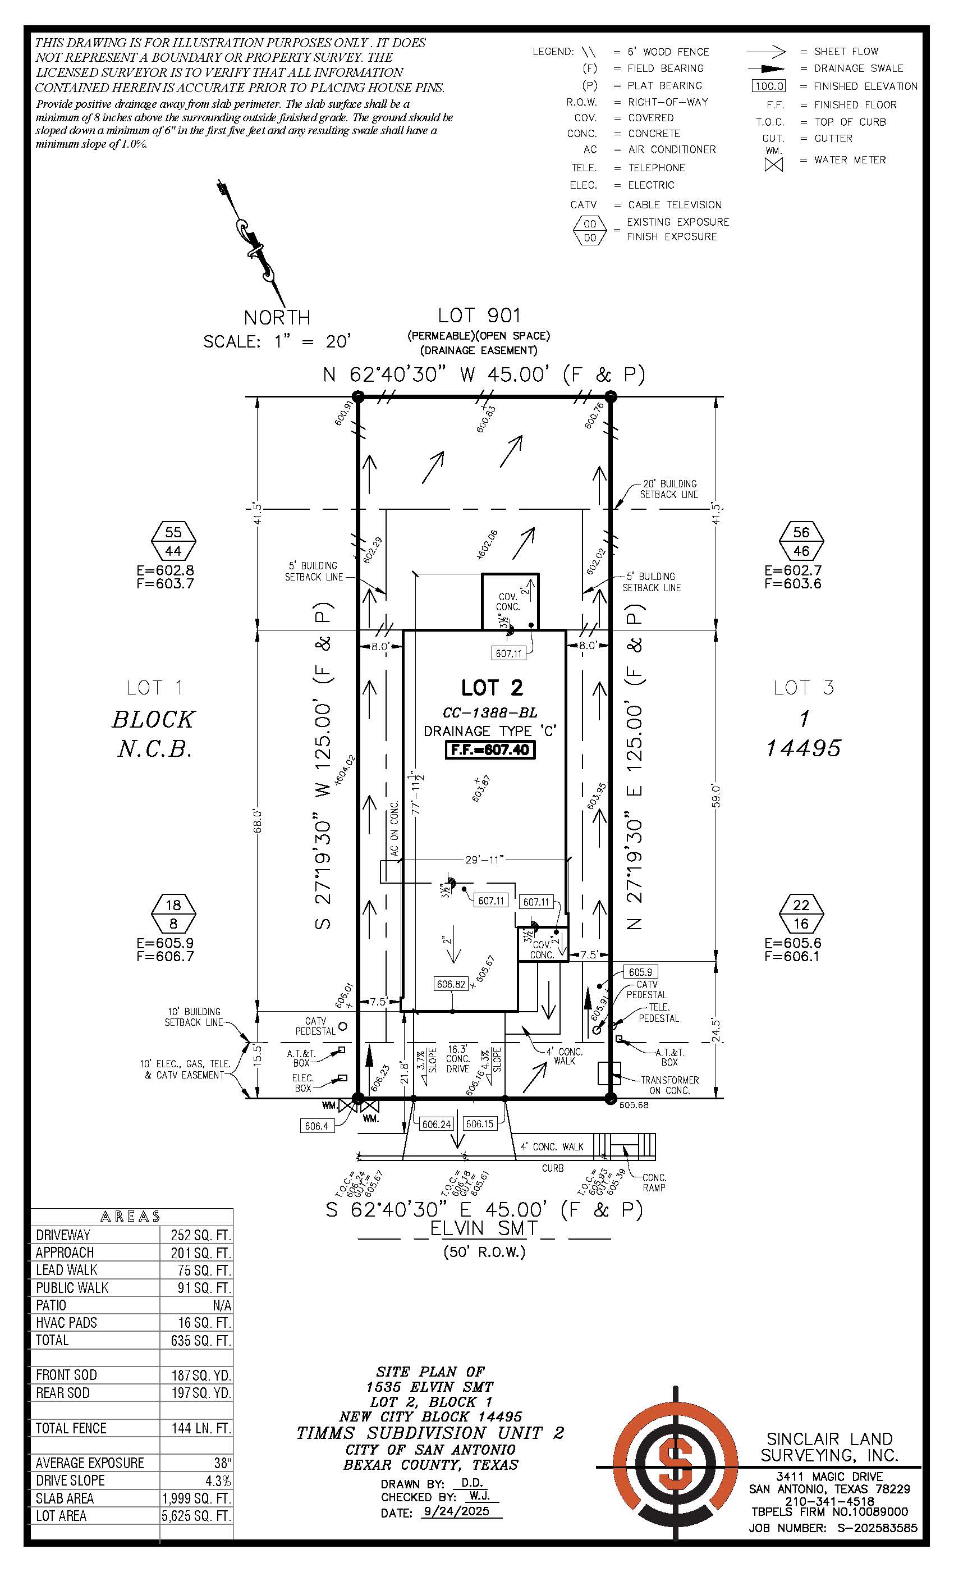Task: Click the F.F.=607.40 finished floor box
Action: coord(490,750)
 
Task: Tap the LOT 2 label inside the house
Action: coord(492,688)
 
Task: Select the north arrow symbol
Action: coord(253,243)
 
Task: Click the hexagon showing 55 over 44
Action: coord(173,542)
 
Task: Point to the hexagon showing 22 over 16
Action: coord(801,914)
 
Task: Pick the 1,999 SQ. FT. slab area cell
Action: coord(196,1498)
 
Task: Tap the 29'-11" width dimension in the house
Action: coord(484,860)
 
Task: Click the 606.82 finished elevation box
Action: coord(451,984)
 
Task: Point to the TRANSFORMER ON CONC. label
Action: coord(669,1085)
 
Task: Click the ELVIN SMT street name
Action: coord(483,1228)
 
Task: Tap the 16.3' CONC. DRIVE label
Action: coord(458,1059)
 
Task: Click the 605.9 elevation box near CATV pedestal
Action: coord(640,972)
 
